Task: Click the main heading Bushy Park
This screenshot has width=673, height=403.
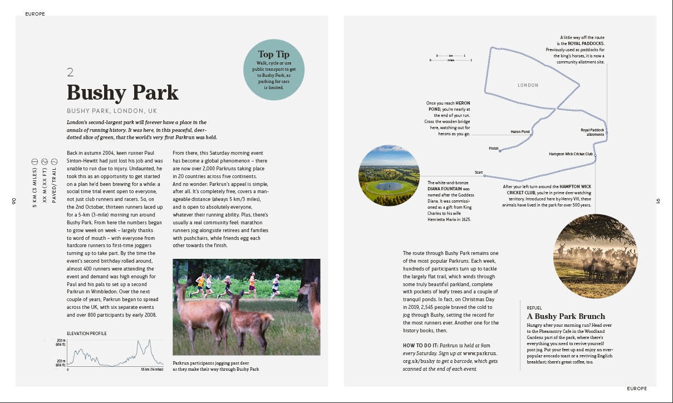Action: (122, 92)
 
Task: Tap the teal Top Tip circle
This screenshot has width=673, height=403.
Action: (274, 70)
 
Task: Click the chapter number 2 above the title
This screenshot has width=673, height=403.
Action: (70, 72)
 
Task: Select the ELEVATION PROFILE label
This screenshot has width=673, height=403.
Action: (86, 333)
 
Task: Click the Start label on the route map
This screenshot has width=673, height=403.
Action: (478, 173)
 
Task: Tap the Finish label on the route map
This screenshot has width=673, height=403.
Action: (493, 149)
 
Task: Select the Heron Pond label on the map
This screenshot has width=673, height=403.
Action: (520, 132)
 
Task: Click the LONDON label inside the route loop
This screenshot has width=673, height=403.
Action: (528, 85)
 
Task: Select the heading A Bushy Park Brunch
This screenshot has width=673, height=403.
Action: (566, 316)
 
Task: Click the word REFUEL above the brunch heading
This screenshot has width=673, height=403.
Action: (534, 307)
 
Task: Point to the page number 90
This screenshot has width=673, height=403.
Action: (13, 201)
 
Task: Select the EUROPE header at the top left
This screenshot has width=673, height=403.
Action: (35, 14)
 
